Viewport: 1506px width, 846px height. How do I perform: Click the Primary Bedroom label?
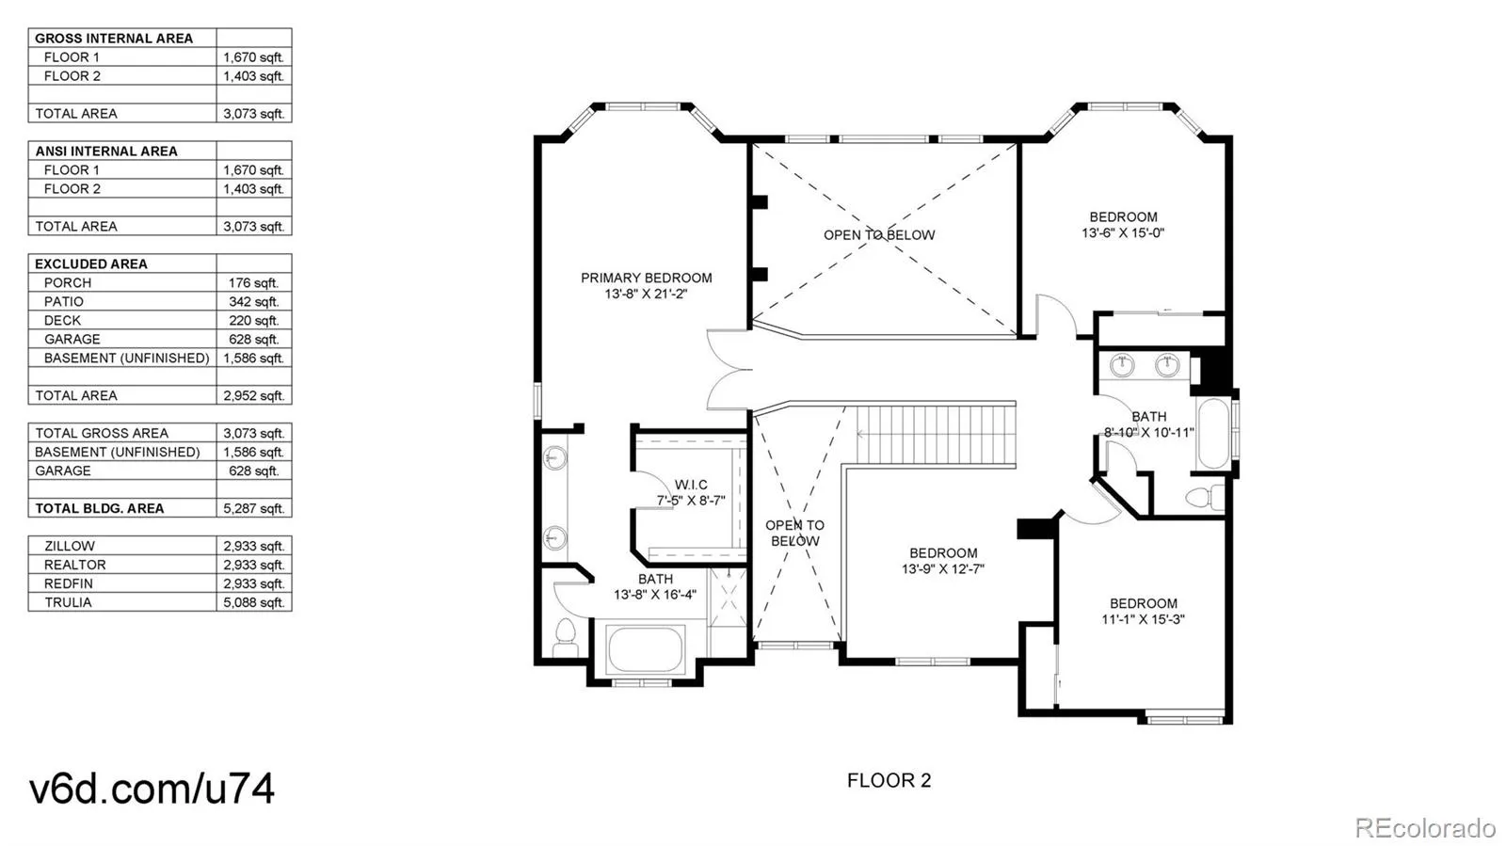pos(646,278)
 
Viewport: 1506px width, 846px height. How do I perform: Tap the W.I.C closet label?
pos(691,485)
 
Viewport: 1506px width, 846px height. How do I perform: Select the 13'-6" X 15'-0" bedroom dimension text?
pos(1123,233)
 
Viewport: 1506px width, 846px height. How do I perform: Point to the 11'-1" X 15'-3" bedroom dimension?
pos(1143,619)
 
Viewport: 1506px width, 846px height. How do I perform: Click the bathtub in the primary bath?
pos(645,648)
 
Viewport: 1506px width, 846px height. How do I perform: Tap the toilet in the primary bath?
pos(565,637)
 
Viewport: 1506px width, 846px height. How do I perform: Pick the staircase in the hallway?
pos(936,434)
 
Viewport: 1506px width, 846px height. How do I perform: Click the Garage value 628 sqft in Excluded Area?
pos(253,340)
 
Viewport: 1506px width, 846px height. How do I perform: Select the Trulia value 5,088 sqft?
pos(253,603)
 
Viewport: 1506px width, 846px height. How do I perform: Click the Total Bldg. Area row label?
pos(100,509)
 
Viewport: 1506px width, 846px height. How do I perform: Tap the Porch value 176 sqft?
pos(253,283)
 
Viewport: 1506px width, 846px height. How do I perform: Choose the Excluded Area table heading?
pos(90,264)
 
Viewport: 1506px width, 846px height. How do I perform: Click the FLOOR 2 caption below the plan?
pos(889,780)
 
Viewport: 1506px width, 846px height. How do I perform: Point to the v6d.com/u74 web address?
pos(152,789)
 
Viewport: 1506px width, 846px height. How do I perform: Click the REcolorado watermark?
pos(1425,826)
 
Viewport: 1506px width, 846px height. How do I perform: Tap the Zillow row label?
pos(70,547)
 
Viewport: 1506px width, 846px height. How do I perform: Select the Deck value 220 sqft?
pos(253,321)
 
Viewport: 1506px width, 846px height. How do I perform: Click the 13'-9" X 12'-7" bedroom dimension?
pos(942,569)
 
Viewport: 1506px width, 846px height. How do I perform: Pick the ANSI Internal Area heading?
pos(106,152)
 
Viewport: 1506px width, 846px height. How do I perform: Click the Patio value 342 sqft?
pos(253,302)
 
